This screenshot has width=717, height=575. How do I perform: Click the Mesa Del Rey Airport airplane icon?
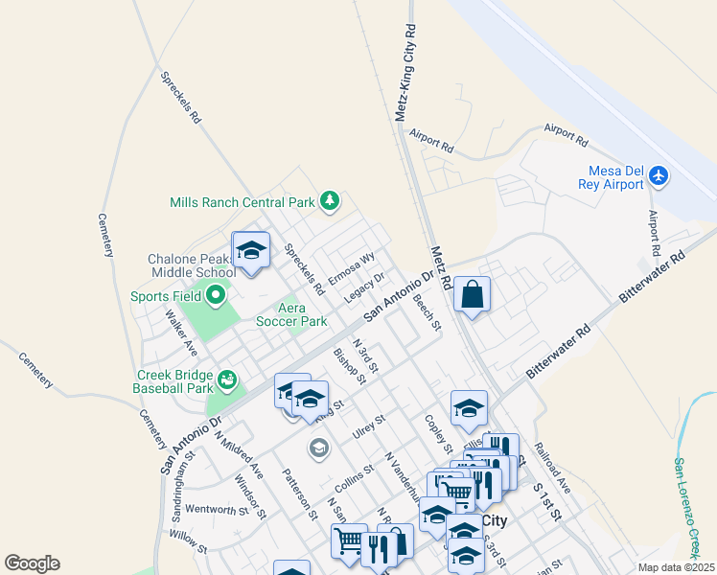[658, 176]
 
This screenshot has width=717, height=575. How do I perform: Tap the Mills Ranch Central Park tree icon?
[330, 200]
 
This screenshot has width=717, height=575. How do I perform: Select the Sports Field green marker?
[216, 295]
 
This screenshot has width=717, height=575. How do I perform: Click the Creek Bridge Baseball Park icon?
[227, 380]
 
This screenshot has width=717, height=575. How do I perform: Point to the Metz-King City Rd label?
[406, 73]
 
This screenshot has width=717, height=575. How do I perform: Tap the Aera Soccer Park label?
[290, 314]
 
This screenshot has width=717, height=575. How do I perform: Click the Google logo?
[32, 563]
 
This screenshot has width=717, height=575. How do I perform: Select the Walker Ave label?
[179, 331]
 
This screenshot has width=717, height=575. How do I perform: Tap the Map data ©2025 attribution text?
[676, 567]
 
